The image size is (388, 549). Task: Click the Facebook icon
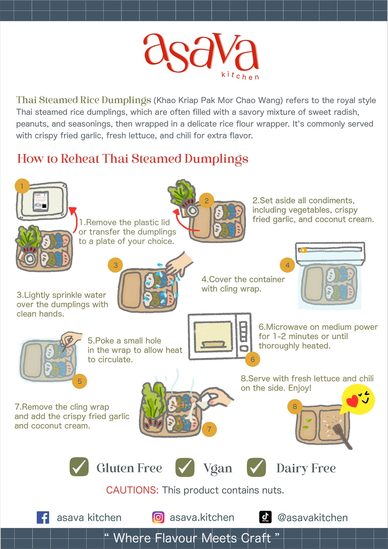point(43,517)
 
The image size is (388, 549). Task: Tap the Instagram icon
point(158,517)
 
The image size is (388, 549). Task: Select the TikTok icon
point(265,517)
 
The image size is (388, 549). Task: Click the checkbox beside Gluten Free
point(79,468)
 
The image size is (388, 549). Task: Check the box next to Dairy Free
point(256,468)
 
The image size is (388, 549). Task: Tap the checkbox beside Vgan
point(185,468)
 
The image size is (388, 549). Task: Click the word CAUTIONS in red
point(132,490)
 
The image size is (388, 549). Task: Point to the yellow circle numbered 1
point(22,186)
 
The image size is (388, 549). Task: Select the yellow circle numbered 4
point(287,265)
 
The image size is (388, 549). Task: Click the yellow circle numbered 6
point(252,359)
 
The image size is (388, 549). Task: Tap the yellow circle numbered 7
point(209,429)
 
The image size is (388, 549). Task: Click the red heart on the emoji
point(352,401)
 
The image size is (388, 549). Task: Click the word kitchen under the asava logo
point(240,76)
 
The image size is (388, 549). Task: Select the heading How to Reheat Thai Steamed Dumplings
point(133,158)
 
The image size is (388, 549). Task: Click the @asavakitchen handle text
point(312,518)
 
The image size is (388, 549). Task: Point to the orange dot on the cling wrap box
point(303,250)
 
